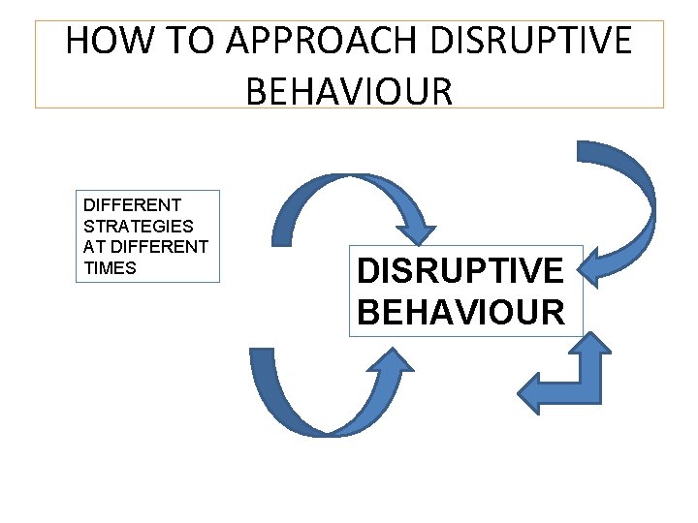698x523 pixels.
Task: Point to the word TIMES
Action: pos(111,268)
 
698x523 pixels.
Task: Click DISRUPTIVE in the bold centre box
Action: pos(460,271)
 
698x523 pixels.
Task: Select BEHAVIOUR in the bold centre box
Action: pos(460,312)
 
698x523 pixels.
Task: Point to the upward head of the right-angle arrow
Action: pos(594,347)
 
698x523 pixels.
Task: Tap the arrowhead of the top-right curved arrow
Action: pos(603,263)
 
